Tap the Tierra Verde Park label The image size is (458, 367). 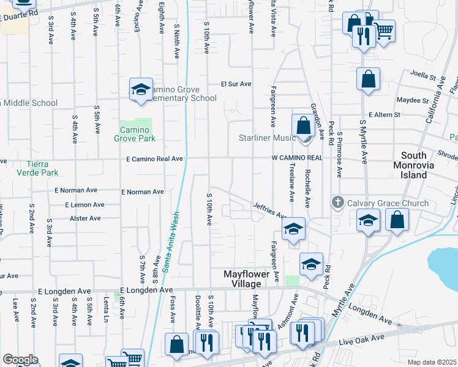[x=33, y=168]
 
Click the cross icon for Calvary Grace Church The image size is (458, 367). [x=337, y=202]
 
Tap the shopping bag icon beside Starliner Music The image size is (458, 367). [x=303, y=126]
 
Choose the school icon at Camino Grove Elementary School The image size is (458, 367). [x=141, y=90]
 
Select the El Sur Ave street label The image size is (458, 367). [x=236, y=84]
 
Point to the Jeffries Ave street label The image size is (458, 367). [x=270, y=211]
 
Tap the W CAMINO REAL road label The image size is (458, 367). [x=297, y=158]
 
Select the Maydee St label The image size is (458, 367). [x=411, y=100]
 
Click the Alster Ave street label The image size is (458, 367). [x=85, y=218]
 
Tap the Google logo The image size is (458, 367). [x=20, y=360]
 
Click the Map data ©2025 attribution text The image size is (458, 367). [x=432, y=362]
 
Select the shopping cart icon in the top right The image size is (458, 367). [x=384, y=31]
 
